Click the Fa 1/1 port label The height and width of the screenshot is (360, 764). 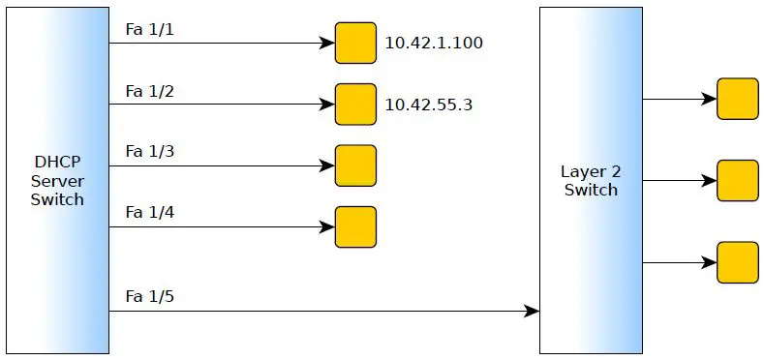click(x=149, y=30)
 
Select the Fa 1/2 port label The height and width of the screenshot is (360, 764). click(x=149, y=91)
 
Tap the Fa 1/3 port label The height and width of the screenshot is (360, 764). click(x=149, y=152)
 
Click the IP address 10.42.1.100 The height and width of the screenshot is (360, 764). click(x=434, y=44)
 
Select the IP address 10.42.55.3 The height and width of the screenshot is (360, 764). click(x=428, y=105)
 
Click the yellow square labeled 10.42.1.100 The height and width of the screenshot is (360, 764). click(x=355, y=43)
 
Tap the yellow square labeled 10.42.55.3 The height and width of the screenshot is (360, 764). click(x=355, y=104)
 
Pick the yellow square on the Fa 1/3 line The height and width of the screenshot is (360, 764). click(x=355, y=165)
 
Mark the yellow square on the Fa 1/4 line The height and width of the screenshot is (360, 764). click(x=355, y=226)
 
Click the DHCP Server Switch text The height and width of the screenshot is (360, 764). click(x=57, y=181)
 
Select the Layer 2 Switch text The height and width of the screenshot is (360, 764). click(x=591, y=181)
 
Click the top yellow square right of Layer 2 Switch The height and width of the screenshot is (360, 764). click(x=737, y=99)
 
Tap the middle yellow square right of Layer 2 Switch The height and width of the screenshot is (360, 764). click(x=737, y=181)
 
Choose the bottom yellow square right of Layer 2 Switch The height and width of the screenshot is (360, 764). click(x=737, y=262)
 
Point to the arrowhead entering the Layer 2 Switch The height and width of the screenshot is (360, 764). click(x=532, y=311)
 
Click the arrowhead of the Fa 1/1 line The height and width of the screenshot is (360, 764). click(x=327, y=44)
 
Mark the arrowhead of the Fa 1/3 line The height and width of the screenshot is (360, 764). click(x=327, y=165)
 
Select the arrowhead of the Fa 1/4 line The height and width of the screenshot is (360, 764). click(x=327, y=227)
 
